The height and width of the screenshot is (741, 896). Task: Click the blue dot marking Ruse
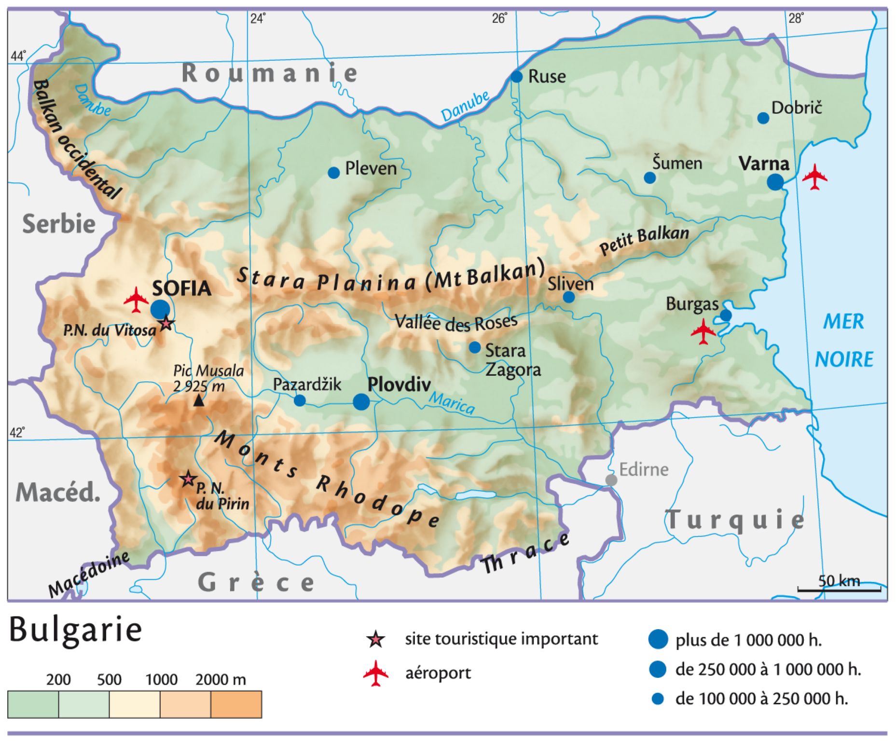tap(516, 77)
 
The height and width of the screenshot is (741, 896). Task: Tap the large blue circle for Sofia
tap(160, 309)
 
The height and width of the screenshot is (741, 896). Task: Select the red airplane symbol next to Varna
tap(814, 177)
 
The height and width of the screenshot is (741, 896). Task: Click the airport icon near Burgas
tap(703, 332)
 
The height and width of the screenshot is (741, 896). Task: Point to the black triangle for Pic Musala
tap(198, 400)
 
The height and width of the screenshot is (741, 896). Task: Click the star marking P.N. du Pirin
tap(188, 479)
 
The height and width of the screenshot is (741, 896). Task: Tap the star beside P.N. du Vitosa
tap(166, 323)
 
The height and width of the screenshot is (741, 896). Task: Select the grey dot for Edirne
tap(611, 480)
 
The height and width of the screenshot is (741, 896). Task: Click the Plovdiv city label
tap(399, 385)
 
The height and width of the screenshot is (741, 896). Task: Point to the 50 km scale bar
tap(839, 590)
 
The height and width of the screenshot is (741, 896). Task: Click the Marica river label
tap(452, 403)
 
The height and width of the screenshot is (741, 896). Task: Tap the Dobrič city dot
tap(763, 118)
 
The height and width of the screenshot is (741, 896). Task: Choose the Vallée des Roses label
tap(456, 322)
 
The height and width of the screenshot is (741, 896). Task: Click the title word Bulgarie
tap(76, 630)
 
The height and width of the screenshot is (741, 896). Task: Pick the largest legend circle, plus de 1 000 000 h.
tap(658, 639)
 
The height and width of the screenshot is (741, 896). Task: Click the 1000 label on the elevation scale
tap(162, 680)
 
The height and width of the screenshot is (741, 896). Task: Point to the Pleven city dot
tap(333, 173)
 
